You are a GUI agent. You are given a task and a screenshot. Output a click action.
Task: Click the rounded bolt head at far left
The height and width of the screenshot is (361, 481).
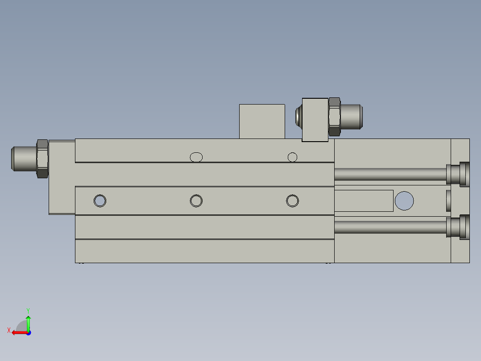tap(22, 159)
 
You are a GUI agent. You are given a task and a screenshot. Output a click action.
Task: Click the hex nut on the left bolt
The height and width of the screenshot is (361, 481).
tap(42, 159)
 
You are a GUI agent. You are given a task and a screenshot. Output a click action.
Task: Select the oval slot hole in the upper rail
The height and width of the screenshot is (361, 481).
tap(196, 157)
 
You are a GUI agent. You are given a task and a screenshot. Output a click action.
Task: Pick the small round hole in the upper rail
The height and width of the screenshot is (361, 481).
tap(292, 157)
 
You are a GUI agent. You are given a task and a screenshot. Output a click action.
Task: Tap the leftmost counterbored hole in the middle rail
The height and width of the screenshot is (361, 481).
tap(100, 201)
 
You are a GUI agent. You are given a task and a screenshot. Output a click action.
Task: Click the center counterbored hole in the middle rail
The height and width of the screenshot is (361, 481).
tap(196, 201)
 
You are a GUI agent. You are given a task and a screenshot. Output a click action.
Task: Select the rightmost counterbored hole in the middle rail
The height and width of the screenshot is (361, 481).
tap(292, 201)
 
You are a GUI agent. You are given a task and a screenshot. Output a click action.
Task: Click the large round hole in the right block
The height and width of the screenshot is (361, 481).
tap(404, 201)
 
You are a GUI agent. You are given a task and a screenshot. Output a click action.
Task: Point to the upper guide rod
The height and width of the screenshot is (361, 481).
tap(388, 174)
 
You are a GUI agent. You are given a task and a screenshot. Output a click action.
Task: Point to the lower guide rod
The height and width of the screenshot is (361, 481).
tap(388, 227)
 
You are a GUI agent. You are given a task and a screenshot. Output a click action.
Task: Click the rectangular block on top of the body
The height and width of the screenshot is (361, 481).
tap(262, 121)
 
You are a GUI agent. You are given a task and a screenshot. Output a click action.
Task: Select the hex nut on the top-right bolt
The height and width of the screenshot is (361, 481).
tap(334, 116)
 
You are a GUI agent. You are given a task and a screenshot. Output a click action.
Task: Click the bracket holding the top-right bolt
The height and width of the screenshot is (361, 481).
tap(315, 120)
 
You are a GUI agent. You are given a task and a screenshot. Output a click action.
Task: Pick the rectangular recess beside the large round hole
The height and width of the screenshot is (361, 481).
tap(364, 201)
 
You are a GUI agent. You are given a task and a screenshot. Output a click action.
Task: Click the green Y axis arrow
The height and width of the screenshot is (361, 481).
tap(28, 321)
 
